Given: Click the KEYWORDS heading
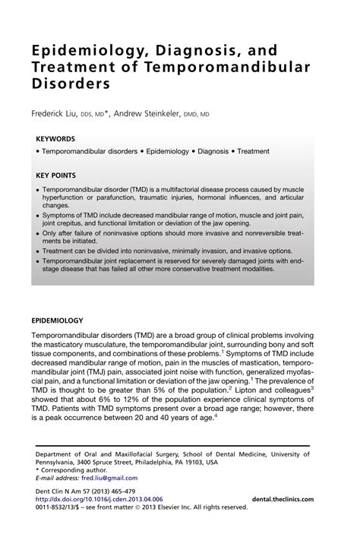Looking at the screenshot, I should coord(55,139).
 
